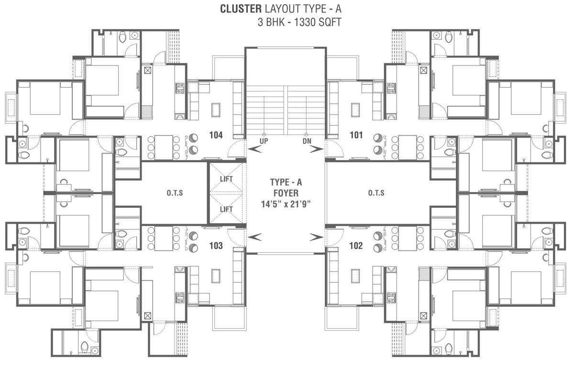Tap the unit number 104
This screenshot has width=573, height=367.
tap(216, 135)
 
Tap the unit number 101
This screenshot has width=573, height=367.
tap(356, 135)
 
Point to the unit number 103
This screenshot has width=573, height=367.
tap(216, 246)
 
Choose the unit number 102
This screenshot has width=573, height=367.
tap(356, 246)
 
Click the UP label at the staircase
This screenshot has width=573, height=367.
tap(264, 141)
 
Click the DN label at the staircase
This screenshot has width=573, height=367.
tap(307, 141)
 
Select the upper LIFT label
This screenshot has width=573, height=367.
tap(226, 179)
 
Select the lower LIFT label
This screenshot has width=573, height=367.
tap(226, 209)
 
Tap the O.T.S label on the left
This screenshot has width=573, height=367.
tap(175, 193)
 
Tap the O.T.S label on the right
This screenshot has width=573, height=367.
tap(376, 193)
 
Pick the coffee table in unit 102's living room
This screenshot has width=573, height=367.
tap(354, 276)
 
